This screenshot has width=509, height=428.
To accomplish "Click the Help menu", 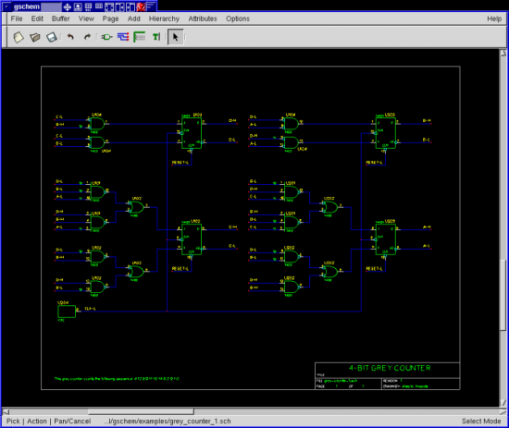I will [x=493, y=18].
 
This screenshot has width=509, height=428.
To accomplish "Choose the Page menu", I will [x=111, y=18].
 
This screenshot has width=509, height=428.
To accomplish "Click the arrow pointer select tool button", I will [x=177, y=37].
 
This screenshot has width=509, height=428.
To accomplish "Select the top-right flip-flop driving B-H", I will [x=388, y=130].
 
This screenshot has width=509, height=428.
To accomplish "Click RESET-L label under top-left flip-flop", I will [x=180, y=160].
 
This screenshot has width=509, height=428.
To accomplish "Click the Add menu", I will [x=135, y=18].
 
